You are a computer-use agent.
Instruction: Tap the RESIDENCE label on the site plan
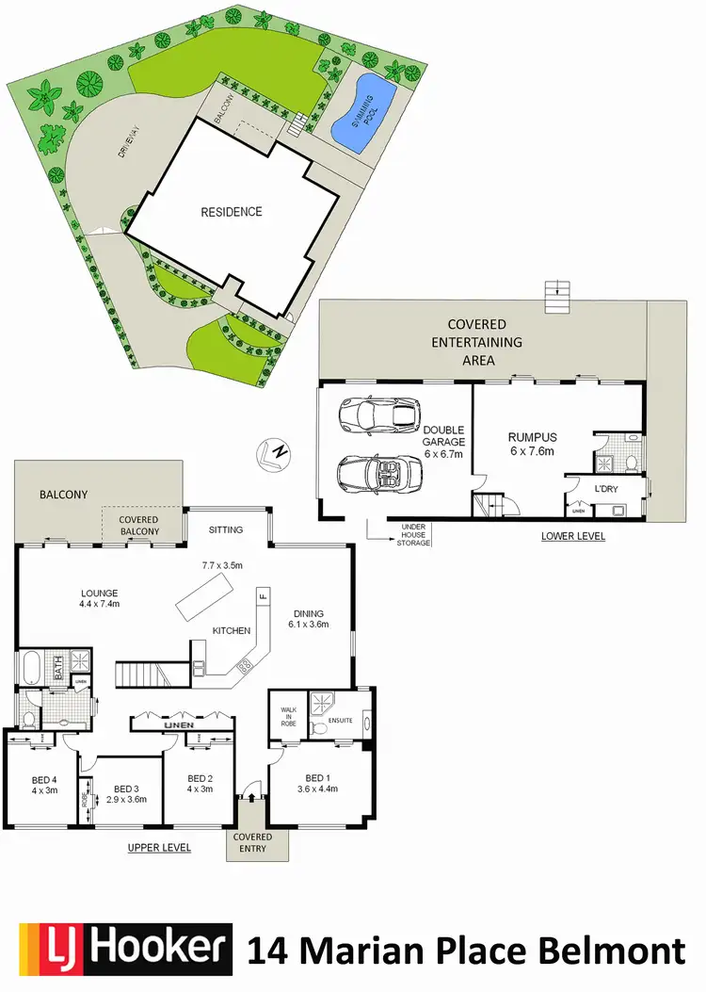point(232,212)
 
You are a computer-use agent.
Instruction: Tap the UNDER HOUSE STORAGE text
point(415,535)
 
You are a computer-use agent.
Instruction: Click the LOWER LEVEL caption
point(573,536)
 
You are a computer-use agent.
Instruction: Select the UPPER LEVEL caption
point(159,848)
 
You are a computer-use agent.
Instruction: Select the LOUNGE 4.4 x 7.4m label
point(99,599)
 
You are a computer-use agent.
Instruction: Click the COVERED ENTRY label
point(252,842)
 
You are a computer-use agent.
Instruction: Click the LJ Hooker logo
point(126,950)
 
